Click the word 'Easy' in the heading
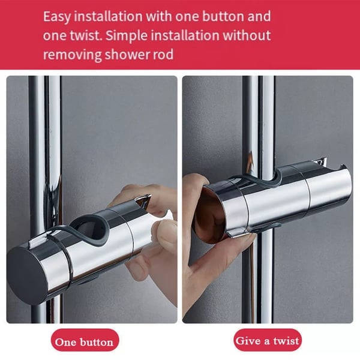pos(57,17)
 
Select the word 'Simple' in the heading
pos(126,36)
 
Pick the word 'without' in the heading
pos(247,35)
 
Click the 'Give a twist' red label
pos(268,340)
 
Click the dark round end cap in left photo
pos(27,275)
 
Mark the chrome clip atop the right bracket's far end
pos(320,161)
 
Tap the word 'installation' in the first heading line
pos(108,17)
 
